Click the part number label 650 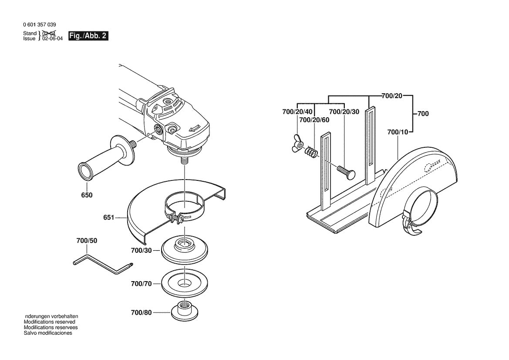[87, 195]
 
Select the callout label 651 [109, 217]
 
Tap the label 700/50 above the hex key [87, 241]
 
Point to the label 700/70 [141, 284]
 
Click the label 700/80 [141, 312]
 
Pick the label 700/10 [397, 132]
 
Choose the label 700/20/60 [314, 120]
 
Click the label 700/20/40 [297, 112]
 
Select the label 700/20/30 [344, 112]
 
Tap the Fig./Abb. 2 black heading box [88, 36]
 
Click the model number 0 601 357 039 [39, 25]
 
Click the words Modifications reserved [49, 322]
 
